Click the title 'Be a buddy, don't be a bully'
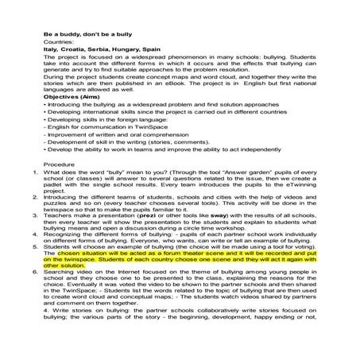(95, 35)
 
